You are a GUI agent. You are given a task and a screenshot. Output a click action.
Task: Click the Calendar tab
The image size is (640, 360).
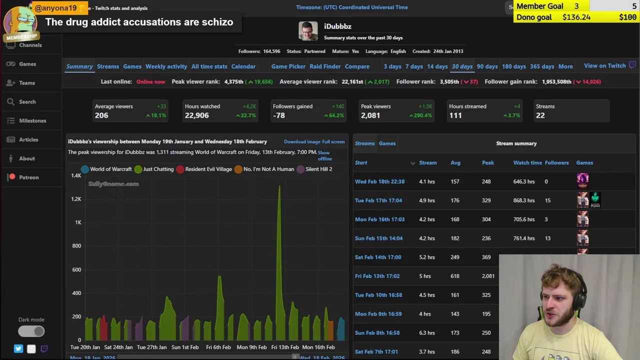pos(243,66)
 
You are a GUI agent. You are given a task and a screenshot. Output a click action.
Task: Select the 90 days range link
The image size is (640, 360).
pos(487,66)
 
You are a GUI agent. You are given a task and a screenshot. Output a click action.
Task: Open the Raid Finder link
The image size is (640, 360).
pos(325,66)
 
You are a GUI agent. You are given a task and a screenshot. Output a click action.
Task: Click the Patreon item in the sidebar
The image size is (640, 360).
pos(28,177)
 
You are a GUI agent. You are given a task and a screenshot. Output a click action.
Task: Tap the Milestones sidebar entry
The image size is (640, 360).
pos(32,120)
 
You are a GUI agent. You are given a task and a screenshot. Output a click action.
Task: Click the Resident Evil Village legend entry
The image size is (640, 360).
pos(208,169)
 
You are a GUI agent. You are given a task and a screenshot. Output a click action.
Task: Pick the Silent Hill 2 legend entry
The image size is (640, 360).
pos(318,169)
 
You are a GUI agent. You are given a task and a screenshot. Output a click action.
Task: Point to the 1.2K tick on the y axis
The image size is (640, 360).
pos(76,199)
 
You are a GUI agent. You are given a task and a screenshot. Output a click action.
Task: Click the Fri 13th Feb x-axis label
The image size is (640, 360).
pos(285,347)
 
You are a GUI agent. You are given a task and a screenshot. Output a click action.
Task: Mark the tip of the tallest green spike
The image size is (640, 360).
pos(279,186)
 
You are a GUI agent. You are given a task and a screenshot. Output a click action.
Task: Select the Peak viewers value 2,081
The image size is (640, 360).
pos(370,115)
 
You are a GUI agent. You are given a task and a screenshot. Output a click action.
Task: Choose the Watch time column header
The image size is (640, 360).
pos(527,162)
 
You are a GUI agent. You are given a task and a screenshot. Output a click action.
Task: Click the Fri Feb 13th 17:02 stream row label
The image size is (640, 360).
pos(377,276)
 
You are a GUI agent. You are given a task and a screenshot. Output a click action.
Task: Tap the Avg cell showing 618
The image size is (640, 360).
pos(454,276)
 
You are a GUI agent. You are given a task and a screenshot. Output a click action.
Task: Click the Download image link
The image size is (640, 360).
pos(302,142)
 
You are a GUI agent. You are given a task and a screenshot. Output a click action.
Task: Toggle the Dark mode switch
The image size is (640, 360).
pos(31,331)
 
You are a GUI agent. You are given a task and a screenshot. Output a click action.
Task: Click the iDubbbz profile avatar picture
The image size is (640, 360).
pos(308,31)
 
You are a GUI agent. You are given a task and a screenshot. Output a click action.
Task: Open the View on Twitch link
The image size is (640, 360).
pos(604,66)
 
